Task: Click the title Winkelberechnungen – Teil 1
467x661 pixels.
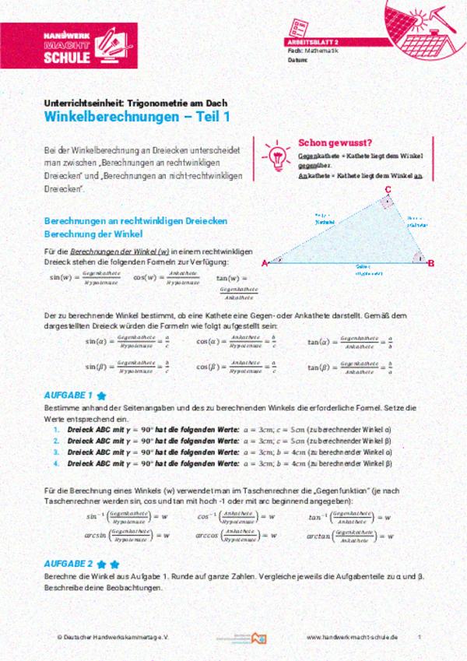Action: pyautogui.click(x=136, y=117)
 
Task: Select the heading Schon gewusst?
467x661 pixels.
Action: pyautogui.click(x=335, y=142)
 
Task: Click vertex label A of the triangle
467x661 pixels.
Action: pyautogui.click(x=265, y=262)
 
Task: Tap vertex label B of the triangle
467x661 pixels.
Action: pyautogui.click(x=432, y=262)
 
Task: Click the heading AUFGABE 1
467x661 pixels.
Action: pyautogui.click(x=69, y=395)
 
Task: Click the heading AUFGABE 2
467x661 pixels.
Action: pyautogui.click(x=69, y=562)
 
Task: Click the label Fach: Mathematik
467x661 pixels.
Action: pyautogui.click(x=308, y=50)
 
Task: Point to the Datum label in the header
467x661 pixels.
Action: pyautogui.click(x=297, y=59)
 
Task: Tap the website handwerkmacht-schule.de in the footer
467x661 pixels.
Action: pyautogui.click(x=353, y=636)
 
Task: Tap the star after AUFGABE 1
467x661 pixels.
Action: pyautogui.click(x=101, y=396)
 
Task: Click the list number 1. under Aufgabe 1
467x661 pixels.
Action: pyautogui.click(x=56, y=430)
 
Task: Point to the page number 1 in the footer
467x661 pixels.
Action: pyautogui.click(x=420, y=636)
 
